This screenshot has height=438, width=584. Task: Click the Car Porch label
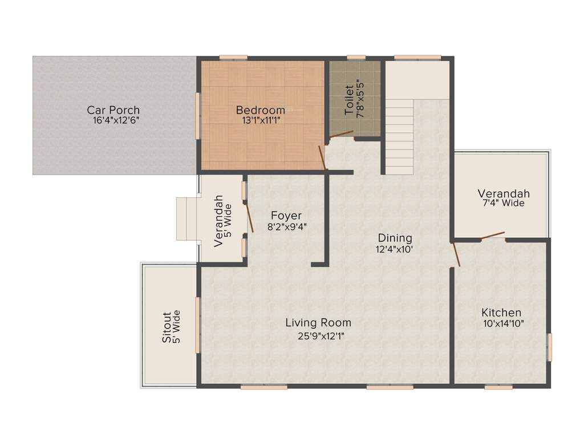click(113, 110)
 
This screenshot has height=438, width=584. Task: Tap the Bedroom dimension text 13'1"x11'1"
click(260, 120)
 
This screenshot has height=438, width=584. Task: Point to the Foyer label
click(286, 216)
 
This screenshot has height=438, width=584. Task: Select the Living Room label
click(318, 323)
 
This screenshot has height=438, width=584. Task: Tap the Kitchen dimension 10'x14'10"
click(501, 323)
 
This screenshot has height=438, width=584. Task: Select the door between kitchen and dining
click(455, 254)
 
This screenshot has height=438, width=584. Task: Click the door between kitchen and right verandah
click(493, 236)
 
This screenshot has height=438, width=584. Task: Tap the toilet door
click(341, 135)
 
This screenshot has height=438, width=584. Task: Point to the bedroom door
click(322, 157)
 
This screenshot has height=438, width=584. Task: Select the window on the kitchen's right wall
click(550, 347)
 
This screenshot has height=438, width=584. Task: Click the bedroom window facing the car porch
click(198, 116)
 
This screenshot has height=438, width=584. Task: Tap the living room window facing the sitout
click(198, 325)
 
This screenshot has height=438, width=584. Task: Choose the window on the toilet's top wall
click(356, 57)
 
